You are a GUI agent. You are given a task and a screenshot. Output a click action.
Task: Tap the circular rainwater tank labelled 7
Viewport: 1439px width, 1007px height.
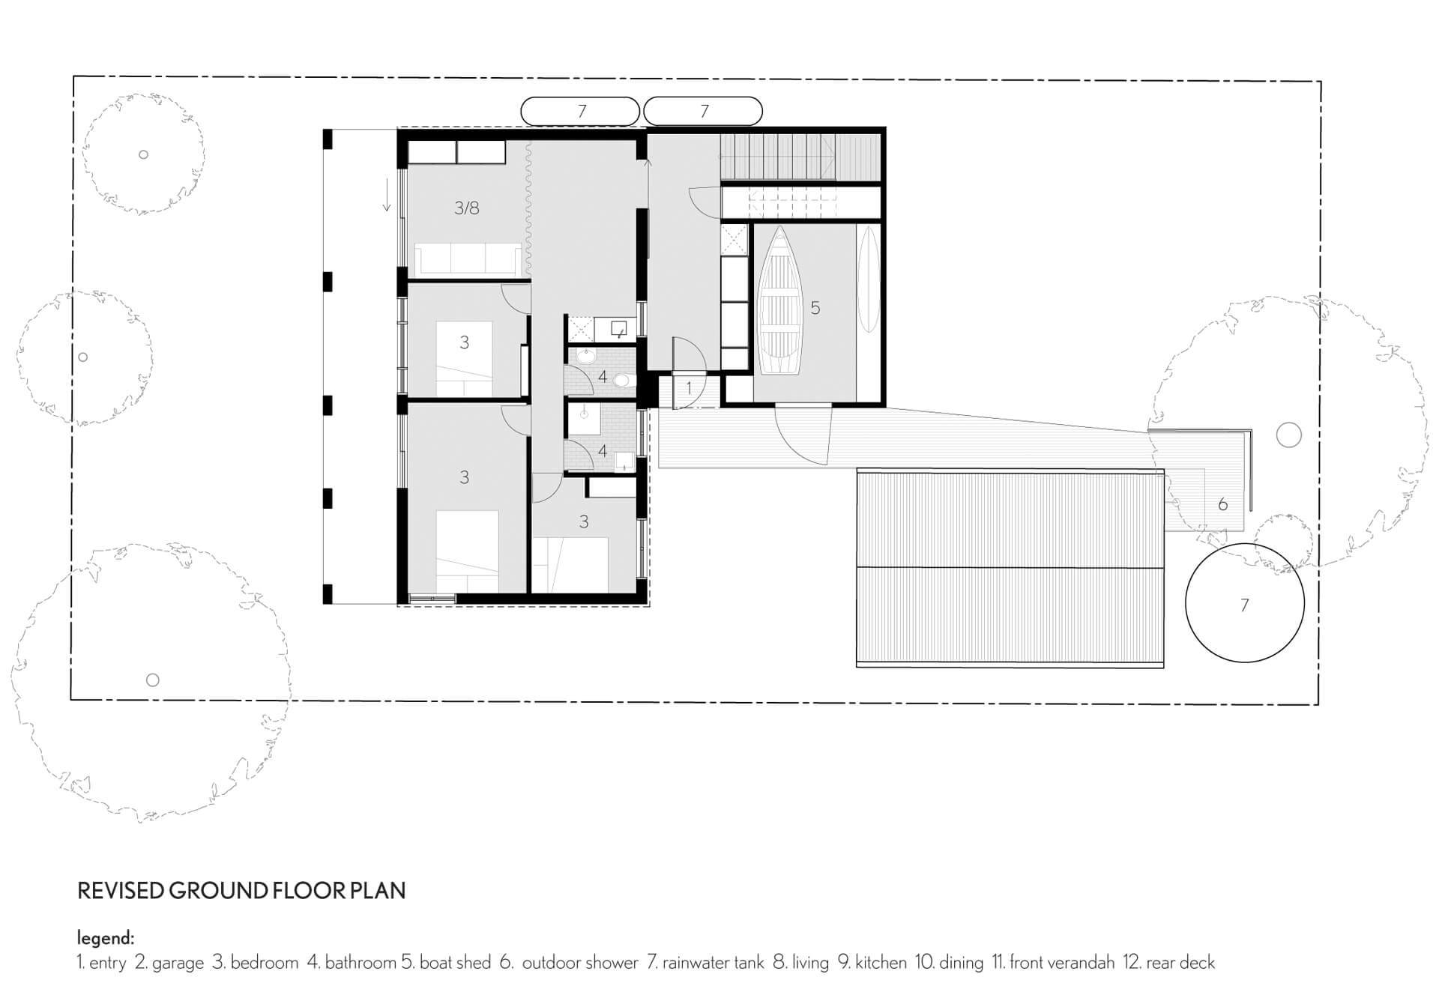click(1244, 603)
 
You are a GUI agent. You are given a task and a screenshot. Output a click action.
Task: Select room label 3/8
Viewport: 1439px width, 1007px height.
click(466, 208)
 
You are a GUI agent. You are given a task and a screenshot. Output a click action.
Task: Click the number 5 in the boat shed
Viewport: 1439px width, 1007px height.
click(815, 308)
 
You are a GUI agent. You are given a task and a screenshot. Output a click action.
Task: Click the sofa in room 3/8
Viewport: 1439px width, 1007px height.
click(468, 258)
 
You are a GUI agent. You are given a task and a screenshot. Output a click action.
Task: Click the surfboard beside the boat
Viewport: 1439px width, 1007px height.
click(868, 279)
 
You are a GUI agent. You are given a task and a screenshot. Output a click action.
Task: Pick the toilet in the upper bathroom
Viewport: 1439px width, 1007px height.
click(622, 381)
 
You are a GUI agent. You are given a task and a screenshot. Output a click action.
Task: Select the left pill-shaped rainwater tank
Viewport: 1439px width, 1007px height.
click(580, 112)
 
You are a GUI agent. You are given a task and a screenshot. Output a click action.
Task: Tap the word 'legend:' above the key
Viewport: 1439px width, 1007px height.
click(106, 938)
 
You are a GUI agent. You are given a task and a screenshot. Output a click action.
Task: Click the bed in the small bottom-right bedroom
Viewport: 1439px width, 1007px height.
click(570, 566)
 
